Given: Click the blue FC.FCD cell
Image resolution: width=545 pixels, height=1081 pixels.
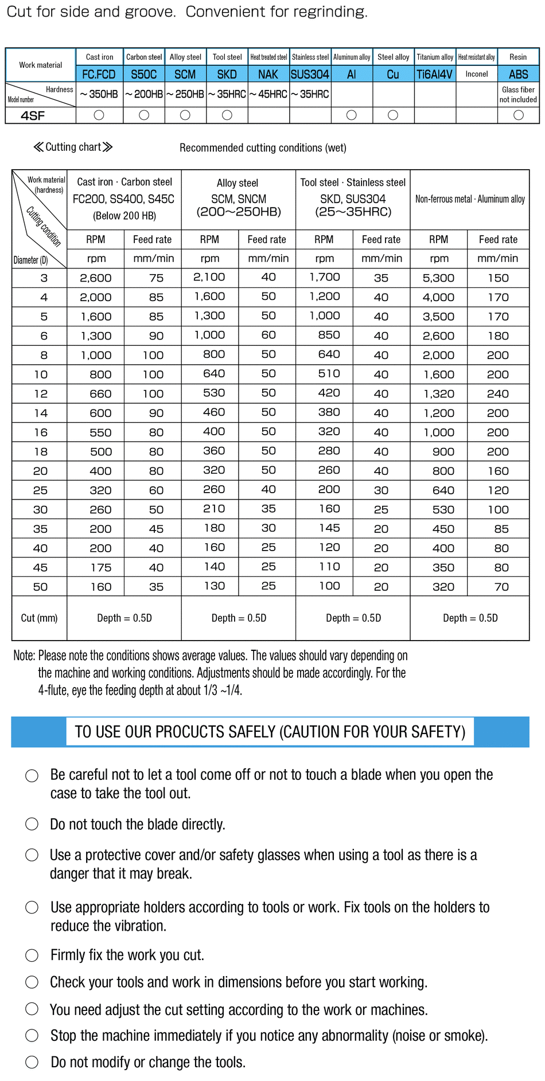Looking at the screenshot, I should pos(99,75).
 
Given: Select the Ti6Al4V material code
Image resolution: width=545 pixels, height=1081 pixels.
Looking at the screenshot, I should pos(434,75).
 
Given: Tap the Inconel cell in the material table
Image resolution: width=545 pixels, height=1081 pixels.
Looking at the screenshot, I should pos(476,74).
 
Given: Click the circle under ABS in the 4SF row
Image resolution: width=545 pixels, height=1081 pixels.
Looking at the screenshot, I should pos(518,115).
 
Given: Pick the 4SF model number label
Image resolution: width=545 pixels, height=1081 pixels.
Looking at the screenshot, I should pos(33,116).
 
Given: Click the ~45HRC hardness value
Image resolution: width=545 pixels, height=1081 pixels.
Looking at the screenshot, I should pos(268,94).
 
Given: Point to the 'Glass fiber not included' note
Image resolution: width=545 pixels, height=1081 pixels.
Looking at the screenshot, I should pos(518,95).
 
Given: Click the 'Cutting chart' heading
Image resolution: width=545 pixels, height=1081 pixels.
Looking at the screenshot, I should pos(73,147).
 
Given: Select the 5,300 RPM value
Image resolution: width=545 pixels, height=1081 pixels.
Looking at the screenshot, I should pos(438,278).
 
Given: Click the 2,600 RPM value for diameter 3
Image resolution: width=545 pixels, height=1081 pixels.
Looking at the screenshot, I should pos(96,278).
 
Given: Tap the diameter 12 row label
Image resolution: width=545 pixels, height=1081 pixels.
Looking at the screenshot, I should pos(40,394).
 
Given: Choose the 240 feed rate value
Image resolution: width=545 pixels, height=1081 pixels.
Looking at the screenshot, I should pos(497,394).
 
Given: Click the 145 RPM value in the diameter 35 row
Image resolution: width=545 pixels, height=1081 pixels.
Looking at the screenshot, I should pos(329,528).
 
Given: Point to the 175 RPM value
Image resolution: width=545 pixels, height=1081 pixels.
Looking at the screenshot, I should pos(100,568).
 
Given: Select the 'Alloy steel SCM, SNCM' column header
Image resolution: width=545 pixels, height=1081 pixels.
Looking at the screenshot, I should pos(238,198).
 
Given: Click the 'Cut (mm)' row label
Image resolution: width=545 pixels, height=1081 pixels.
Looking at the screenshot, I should pos(39,618).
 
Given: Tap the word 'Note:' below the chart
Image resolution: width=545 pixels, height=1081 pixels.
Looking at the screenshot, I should pos(25,656).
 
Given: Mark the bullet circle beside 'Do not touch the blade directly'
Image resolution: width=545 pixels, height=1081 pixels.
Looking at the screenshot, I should pos(32,824).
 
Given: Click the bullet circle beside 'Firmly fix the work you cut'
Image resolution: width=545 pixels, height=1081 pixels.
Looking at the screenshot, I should pos(32,955).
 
